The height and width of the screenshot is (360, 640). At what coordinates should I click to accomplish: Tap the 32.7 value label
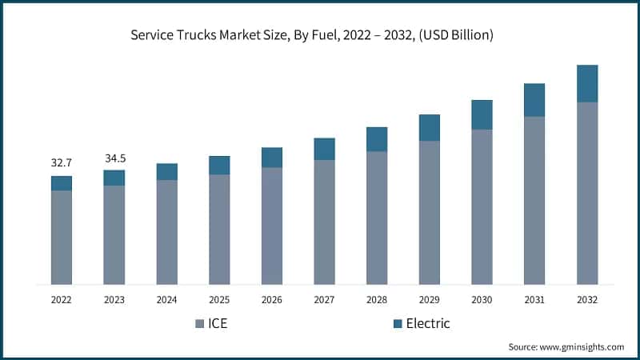click(x=62, y=163)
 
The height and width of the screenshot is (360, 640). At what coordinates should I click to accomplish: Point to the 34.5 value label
click(x=114, y=158)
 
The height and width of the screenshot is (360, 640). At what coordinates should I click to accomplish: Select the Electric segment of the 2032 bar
click(x=587, y=83)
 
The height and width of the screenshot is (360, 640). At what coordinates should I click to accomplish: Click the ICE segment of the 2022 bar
click(x=62, y=238)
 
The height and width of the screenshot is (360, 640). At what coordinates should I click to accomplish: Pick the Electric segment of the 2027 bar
click(x=324, y=149)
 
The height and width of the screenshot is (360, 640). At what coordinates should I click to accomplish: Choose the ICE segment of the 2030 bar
click(x=482, y=206)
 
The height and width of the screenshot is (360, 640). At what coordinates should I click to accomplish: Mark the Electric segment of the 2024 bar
click(x=166, y=171)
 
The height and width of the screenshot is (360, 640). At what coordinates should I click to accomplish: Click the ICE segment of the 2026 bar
click(x=272, y=226)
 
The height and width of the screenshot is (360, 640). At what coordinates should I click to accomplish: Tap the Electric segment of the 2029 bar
click(x=430, y=127)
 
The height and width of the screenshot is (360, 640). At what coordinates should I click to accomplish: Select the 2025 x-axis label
click(x=219, y=300)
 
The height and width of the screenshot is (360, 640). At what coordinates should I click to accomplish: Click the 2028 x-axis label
click(x=377, y=300)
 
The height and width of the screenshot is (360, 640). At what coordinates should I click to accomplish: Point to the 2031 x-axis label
click(x=534, y=300)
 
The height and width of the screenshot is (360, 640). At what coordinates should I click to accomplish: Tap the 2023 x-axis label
click(x=114, y=300)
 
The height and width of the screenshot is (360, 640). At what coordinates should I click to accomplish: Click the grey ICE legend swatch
click(x=199, y=324)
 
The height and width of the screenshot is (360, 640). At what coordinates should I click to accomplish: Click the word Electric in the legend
click(x=427, y=324)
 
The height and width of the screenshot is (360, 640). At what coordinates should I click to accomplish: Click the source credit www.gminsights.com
click(x=566, y=346)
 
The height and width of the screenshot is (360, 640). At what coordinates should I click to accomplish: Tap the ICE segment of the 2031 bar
click(x=534, y=200)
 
